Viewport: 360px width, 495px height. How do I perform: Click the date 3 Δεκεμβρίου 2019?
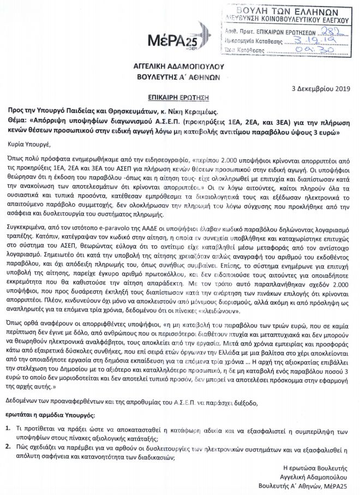point(323,88)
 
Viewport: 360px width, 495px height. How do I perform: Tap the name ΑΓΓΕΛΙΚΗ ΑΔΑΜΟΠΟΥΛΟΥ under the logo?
point(179,66)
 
